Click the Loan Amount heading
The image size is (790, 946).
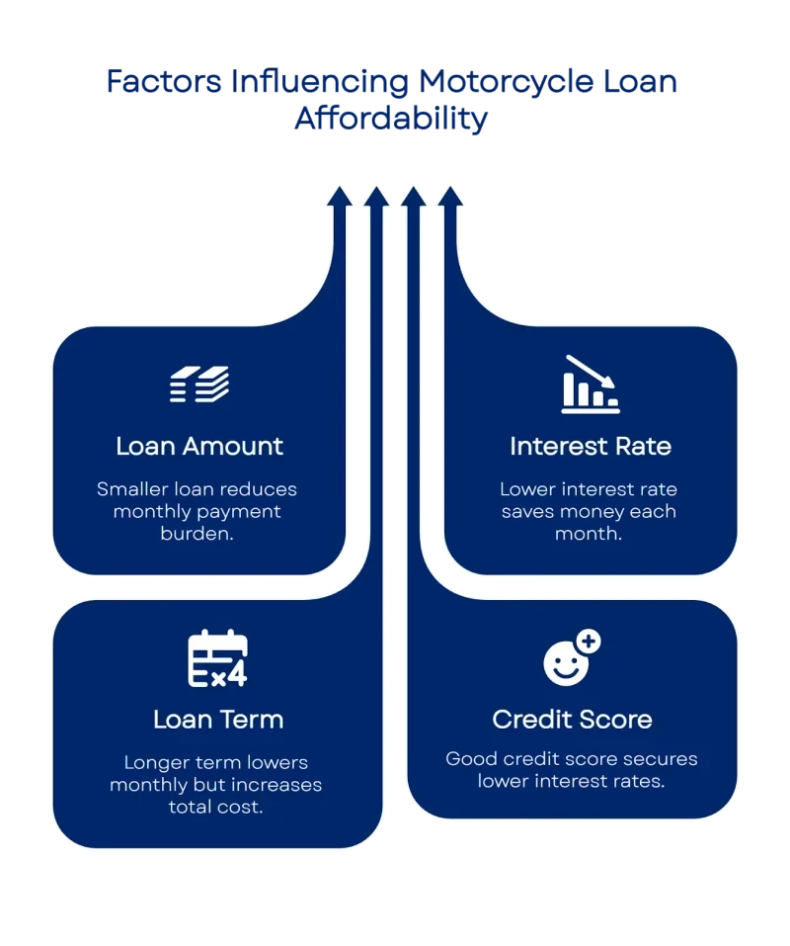coord(199,446)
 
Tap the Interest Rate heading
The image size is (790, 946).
coord(591,446)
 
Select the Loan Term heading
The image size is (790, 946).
coord(218,719)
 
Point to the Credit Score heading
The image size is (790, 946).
coord(572,719)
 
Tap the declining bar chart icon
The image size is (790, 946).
coord(591,385)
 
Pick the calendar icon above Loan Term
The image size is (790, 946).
coord(218,659)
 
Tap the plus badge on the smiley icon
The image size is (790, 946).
coord(589,642)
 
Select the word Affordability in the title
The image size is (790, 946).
coord(391,120)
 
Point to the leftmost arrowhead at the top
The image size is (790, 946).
coord(340,195)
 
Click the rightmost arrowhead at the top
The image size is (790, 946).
coord(450,195)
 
